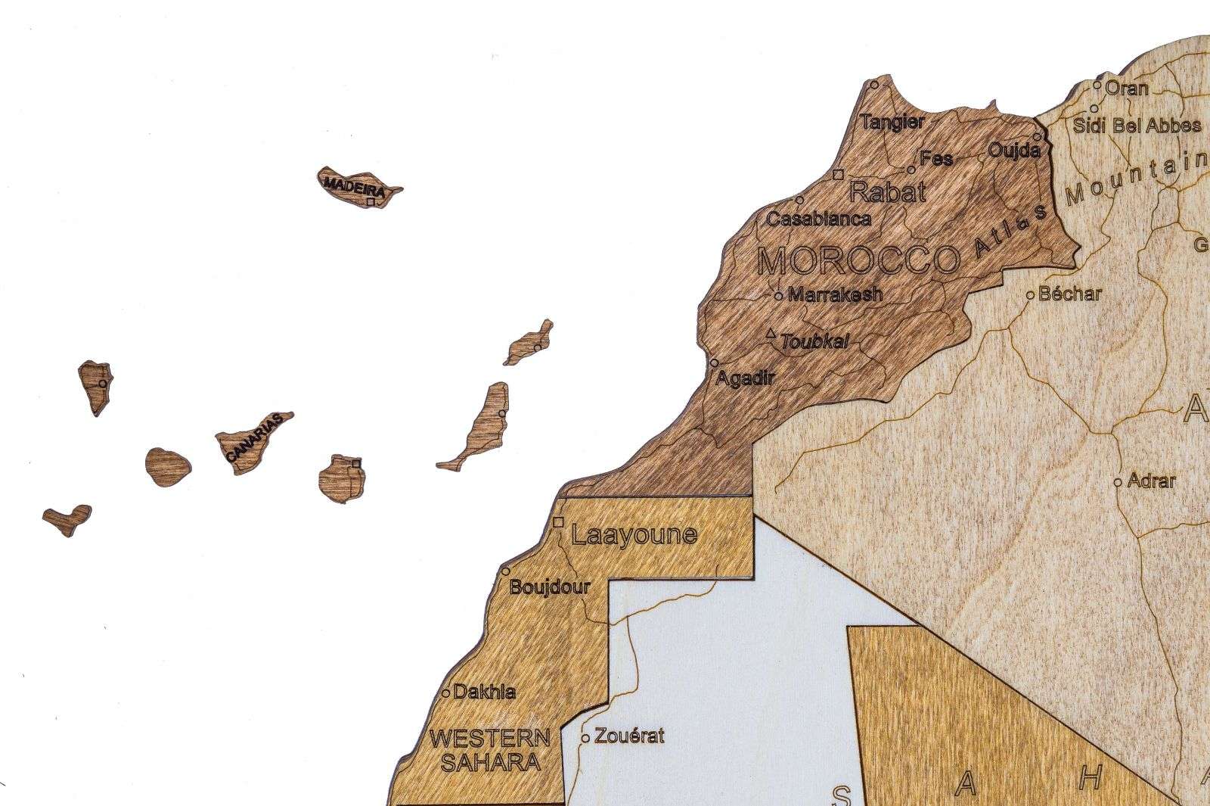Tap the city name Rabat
click(x=887, y=191)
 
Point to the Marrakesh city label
click(x=835, y=294)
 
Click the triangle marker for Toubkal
click(x=771, y=334)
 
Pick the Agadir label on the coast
click(x=745, y=378)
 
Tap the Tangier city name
click(x=892, y=123)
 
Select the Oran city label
click(x=1126, y=88)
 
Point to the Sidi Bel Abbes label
click(x=1137, y=126)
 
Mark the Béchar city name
click(x=1070, y=294)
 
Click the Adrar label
click(x=1151, y=481)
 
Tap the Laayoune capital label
click(x=633, y=535)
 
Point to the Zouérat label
click(x=629, y=736)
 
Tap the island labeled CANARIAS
click(x=254, y=442)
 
